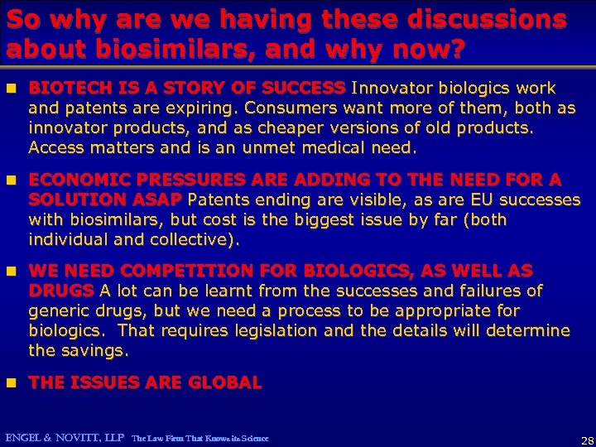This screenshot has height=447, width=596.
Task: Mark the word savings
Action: pos(99,351)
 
